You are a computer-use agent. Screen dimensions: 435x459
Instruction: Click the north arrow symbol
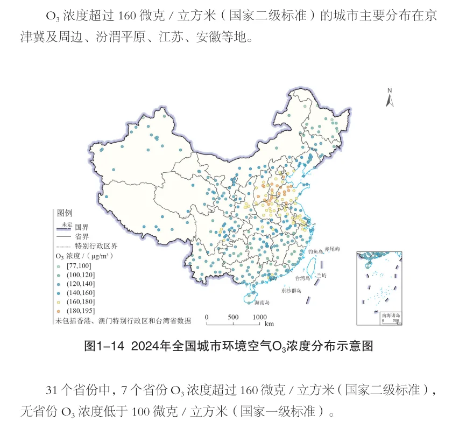[391, 99]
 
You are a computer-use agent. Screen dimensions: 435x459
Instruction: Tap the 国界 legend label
[81, 227]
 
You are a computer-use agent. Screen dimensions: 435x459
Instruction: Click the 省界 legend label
[82, 236]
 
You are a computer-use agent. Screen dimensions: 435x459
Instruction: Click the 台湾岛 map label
[303, 278]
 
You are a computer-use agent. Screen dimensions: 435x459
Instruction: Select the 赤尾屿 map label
[333, 250]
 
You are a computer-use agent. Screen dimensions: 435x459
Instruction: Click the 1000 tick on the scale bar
[259, 317]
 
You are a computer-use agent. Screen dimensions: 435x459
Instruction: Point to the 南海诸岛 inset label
[390, 315]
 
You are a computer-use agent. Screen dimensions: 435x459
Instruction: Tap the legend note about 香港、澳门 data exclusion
[123, 321]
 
